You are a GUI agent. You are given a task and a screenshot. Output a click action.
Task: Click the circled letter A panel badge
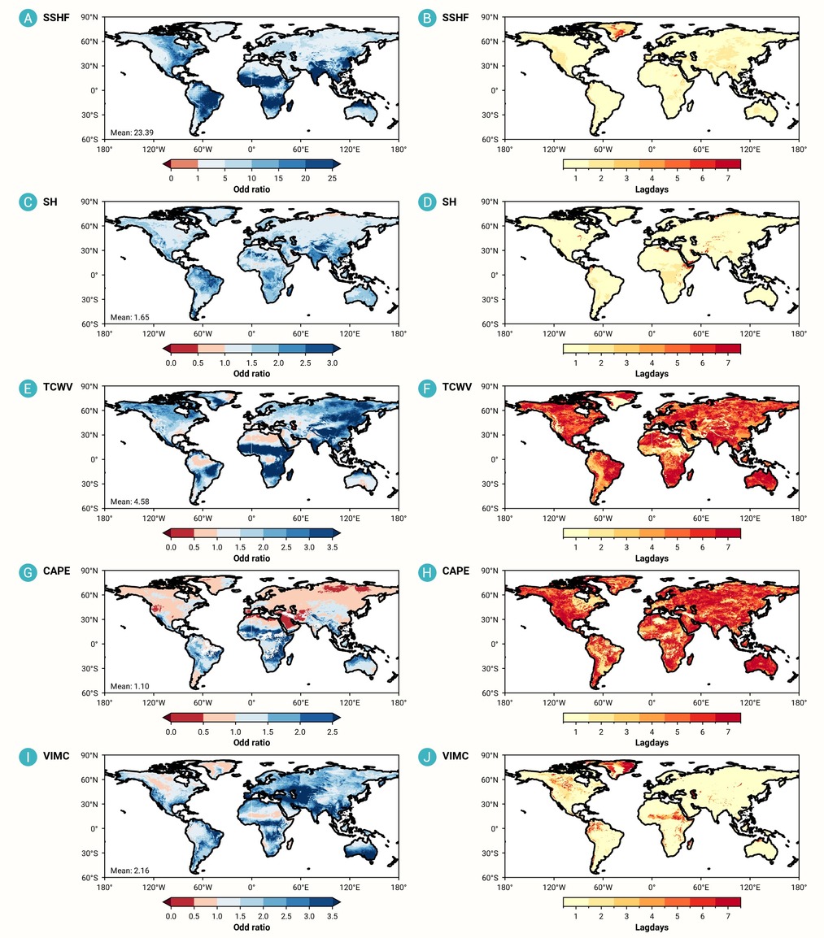[28, 18]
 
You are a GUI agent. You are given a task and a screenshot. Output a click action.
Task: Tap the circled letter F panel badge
[427, 388]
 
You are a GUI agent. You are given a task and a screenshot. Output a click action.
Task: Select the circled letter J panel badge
[427, 757]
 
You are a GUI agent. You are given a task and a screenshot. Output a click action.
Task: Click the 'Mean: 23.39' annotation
[132, 132]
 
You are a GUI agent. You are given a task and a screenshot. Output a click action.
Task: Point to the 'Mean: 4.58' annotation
[130, 502]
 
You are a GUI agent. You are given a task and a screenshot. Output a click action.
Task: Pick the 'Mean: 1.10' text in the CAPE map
[130, 686]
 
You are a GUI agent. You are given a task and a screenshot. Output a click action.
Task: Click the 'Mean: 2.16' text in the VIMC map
[130, 871]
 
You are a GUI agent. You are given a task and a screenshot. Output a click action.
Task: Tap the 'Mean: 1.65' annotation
[130, 317]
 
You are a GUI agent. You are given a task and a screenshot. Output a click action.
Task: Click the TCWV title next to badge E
[58, 387]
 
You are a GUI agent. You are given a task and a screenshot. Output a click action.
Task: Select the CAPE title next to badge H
[456, 571]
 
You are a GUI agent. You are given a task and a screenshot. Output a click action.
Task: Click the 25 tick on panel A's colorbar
[333, 178]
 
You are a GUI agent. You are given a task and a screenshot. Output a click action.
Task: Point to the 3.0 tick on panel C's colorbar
[333, 363]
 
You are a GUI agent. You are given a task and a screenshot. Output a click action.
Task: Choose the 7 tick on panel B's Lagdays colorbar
[728, 178]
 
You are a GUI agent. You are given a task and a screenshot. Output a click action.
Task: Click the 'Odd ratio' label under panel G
[251, 742]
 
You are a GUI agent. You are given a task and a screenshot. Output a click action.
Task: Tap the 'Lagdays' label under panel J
[652, 927]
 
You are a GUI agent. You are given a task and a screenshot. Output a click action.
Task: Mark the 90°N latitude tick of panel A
[89, 17]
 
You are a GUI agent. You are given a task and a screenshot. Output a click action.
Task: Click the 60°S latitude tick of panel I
[89, 878]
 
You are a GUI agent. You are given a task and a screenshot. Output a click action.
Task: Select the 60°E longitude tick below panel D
[700, 334]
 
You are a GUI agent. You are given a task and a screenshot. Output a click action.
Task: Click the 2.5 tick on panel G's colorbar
[333, 732]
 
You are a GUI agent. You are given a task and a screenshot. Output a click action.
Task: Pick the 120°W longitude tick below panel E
[154, 518]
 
